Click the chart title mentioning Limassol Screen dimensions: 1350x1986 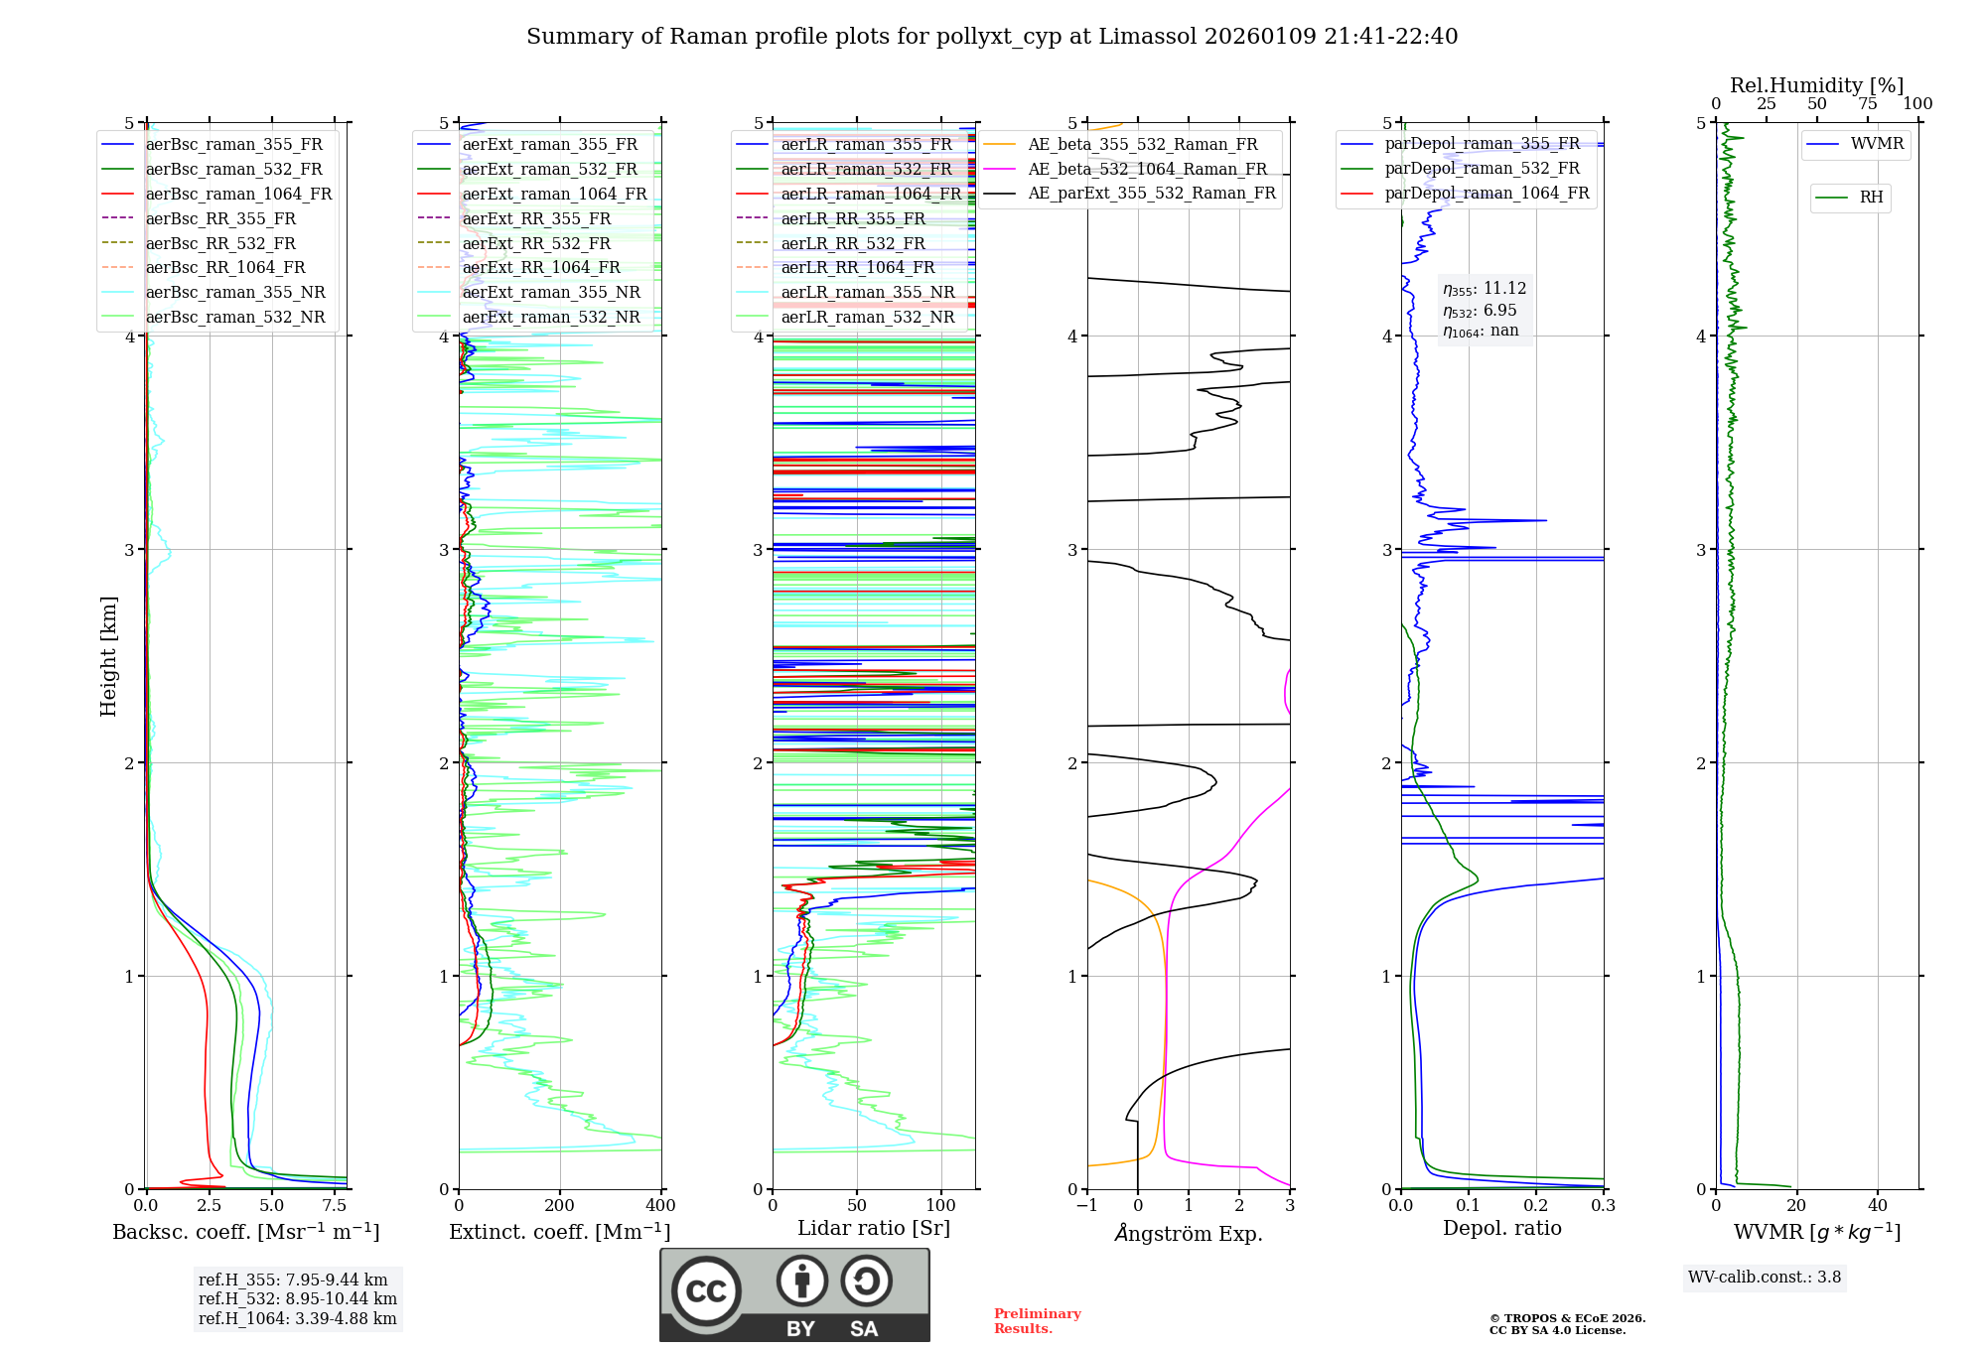tap(992, 37)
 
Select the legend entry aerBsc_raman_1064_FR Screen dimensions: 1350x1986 tap(238, 194)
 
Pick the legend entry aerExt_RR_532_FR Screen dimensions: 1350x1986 tap(536, 243)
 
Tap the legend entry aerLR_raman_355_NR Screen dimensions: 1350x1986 tap(867, 292)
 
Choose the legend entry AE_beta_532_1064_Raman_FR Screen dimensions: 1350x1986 tap(1147, 169)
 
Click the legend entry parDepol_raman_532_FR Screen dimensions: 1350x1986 tap(1482, 169)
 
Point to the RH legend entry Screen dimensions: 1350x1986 tap(1871, 198)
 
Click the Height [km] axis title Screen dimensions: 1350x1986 tap(108, 656)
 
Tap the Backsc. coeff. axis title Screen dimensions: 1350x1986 tap(245, 1232)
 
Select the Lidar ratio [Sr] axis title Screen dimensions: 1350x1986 tap(874, 1228)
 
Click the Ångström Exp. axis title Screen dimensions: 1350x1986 tap(1189, 1234)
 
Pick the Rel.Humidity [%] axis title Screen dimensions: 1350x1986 tap(1816, 85)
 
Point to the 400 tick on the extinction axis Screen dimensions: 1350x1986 tap(660, 1206)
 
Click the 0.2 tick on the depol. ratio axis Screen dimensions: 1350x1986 tap(1536, 1206)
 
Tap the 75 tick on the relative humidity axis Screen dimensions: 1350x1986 tap(1867, 104)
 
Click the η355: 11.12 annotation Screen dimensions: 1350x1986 tap(1485, 289)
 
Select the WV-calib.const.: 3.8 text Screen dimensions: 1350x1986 tap(1765, 1278)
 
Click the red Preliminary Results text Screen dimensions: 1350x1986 tap(1037, 1321)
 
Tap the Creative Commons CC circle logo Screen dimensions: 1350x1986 tap(706, 1291)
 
